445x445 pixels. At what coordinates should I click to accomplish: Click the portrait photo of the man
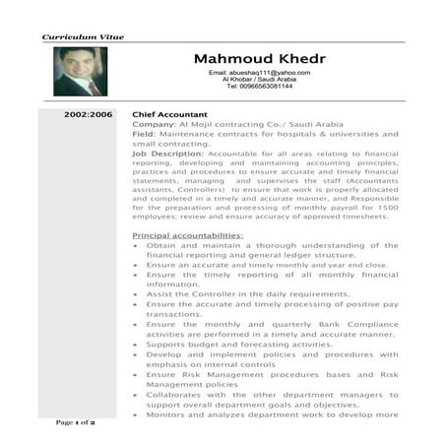(x=81, y=72)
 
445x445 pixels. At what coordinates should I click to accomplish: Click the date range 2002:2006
(x=89, y=115)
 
